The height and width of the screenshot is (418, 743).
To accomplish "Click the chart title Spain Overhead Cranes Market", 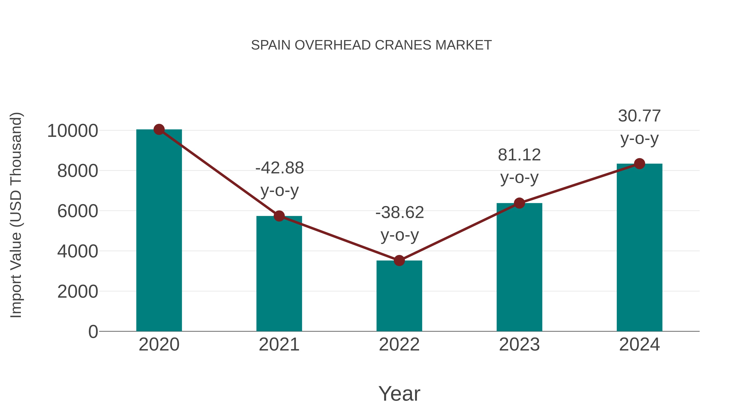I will [371, 45].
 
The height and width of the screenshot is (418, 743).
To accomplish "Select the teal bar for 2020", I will [159, 231].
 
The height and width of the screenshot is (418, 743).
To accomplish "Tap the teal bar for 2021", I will [279, 274].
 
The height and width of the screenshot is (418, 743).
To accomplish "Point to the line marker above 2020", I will [159, 129].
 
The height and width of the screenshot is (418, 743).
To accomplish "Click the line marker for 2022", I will [399, 261].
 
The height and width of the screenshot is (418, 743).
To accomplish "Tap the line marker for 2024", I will [639, 163].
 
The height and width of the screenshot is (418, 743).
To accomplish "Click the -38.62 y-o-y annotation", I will [400, 224].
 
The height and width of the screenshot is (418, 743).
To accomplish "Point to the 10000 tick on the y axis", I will [72, 131].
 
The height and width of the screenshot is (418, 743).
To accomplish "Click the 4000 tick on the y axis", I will [78, 251].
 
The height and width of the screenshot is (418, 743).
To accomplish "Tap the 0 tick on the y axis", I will [93, 332].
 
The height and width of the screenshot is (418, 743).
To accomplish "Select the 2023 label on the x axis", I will [519, 345].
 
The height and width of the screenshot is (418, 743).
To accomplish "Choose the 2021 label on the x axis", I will [279, 345].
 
